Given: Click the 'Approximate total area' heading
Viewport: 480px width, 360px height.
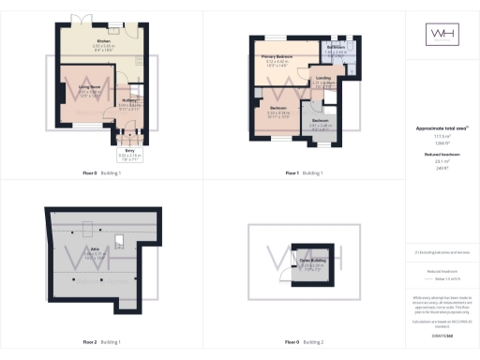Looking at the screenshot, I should click(440, 127).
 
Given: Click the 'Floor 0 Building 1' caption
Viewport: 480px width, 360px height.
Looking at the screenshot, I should click(106, 173).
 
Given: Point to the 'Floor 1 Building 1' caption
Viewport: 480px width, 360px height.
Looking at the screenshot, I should click(304, 173).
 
